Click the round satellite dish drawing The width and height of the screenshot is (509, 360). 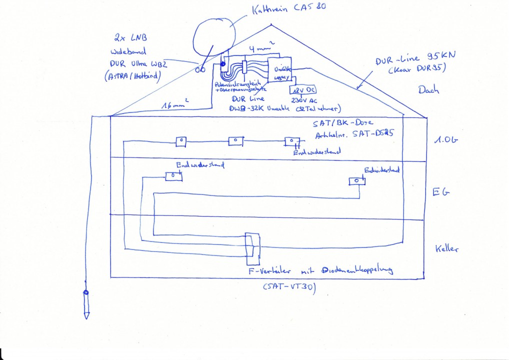213,38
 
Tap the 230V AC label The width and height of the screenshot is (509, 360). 302,99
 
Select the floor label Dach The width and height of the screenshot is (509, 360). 429,90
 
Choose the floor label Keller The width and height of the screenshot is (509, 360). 446,248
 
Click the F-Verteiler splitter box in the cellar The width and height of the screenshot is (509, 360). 253,248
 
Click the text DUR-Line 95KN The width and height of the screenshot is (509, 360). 408,59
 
